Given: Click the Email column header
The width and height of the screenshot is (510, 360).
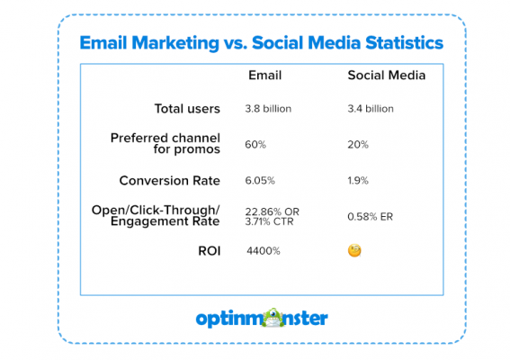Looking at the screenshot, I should [x=264, y=76].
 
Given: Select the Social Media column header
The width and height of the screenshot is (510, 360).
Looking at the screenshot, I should [x=387, y=76].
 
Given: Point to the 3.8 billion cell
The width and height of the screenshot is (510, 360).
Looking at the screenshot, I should [x=267, y=109].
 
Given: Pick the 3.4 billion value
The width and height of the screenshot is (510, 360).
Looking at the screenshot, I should [x=371, y=109].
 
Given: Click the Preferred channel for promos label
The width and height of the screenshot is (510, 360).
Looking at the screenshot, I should [x=166, y=143].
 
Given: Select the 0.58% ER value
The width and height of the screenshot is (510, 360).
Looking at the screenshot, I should [x=369, y=217].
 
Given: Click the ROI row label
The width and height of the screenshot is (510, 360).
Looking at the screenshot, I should [x=208, y=249].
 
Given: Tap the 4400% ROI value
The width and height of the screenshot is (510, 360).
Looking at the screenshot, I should [x=264, y=250].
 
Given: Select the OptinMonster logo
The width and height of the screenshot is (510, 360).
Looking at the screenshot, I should [x=262, y=318].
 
